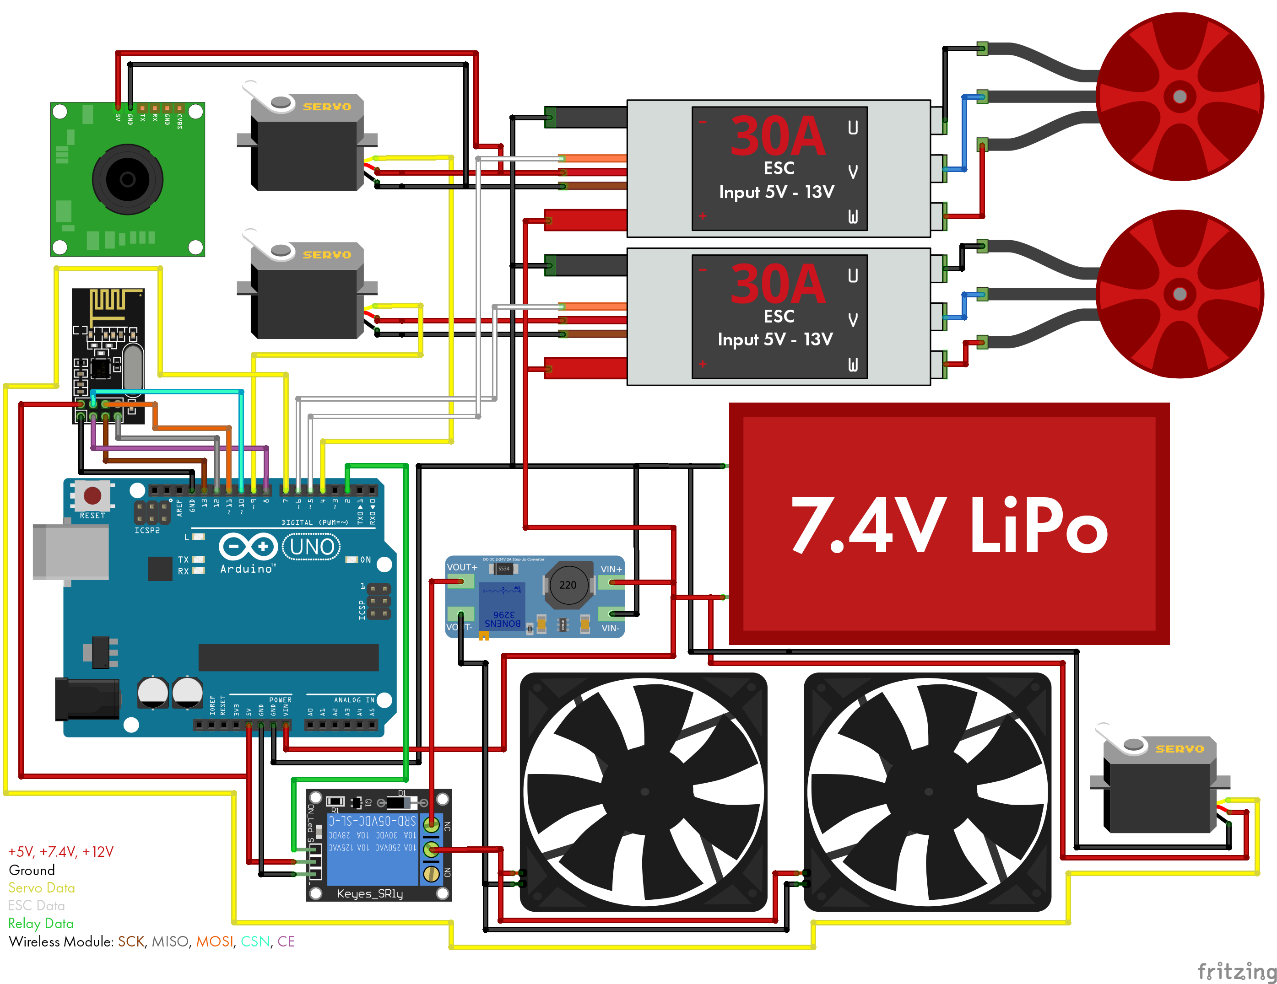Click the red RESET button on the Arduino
pos(92,495)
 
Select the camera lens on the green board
pos(127,179)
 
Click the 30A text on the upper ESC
pos(777,136)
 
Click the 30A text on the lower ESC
pos(777,284)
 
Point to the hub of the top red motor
pos(1180,97)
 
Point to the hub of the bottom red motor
pos(1180,294)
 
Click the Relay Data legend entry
pos(41,923)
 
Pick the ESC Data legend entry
pos(36,906)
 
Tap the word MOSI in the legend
pos(214,941)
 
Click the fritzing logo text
pos(1236,971)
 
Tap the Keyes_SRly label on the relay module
pos(369,893)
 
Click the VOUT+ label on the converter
pos(462,567)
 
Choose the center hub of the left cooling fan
pos(644,792)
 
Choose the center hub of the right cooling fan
pos(929,792)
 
